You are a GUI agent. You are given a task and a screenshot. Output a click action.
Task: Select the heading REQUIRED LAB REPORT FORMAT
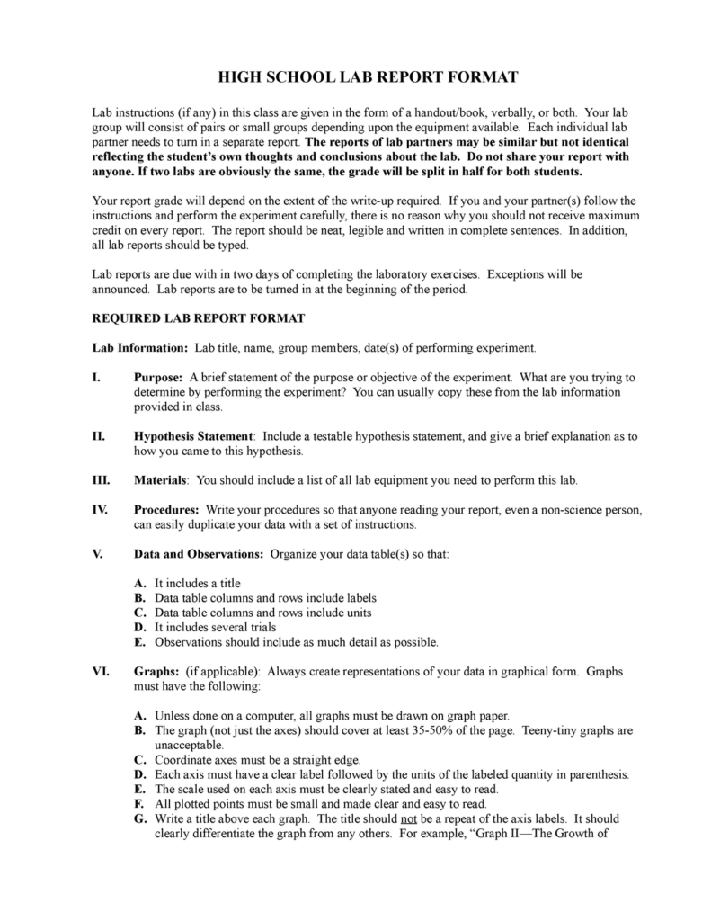pos(199,318)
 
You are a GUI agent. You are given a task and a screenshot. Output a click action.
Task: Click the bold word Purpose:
pos(159,377)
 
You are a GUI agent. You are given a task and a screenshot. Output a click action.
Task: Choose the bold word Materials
pos(161,479)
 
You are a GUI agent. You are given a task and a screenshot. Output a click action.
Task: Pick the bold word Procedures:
pos(166,509)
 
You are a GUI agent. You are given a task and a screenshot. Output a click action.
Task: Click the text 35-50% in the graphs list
pos(421,730)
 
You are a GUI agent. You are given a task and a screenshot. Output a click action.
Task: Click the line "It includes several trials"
pos(216,627)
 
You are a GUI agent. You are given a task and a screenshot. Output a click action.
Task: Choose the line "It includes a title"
pos(197,583)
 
